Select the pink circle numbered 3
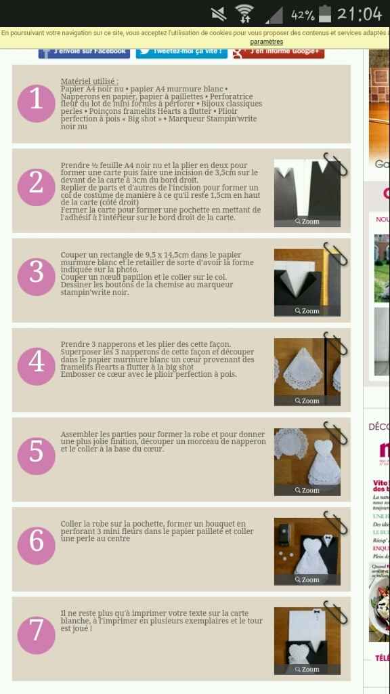(x=36, y=273)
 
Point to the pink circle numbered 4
(x=36, y=363)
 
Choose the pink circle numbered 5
(x=36, y=452)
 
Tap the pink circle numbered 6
(x=36, y=542)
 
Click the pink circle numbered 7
(x=36, y=631)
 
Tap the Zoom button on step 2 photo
(x=307, y=222)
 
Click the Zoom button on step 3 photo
(x=307, y=311)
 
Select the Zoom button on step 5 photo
(x=307, y=490)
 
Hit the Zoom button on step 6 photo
(x=307, y=579)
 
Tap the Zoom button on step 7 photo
(x=307, y=669)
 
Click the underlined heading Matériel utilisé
(x=89, y=81)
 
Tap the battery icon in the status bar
(x=326, y=14)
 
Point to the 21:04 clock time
(x=360, y=14)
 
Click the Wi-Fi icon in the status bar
(x=244, y=14)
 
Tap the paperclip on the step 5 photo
(x=334, y=432)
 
